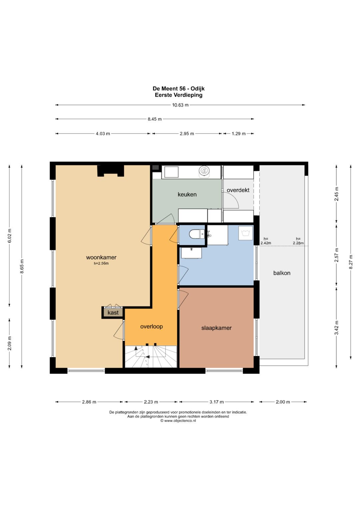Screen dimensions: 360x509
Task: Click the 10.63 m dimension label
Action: [180, 105]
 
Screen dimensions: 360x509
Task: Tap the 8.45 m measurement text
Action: [155, 119]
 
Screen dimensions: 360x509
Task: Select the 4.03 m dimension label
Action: [103, 134]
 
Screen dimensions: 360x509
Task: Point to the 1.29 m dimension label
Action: [239, 134]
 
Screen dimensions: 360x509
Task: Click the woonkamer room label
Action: [101, 257]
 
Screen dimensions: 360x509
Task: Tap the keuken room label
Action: [187, 195]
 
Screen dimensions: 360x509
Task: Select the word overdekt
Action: [238, 190]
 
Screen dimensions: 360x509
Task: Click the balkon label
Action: [282, 273]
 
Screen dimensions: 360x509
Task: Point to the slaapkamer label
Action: [216, 328]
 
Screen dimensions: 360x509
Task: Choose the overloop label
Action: [151, 327]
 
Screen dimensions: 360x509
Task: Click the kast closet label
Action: [113, 313]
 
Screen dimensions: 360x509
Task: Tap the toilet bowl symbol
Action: [195, 234]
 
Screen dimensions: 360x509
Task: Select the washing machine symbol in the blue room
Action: [245, 233]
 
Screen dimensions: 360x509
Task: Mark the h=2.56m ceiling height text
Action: [101, 264]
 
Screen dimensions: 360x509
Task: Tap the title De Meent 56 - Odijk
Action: [179, 88]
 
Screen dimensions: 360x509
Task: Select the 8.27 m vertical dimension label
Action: [351, 262]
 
